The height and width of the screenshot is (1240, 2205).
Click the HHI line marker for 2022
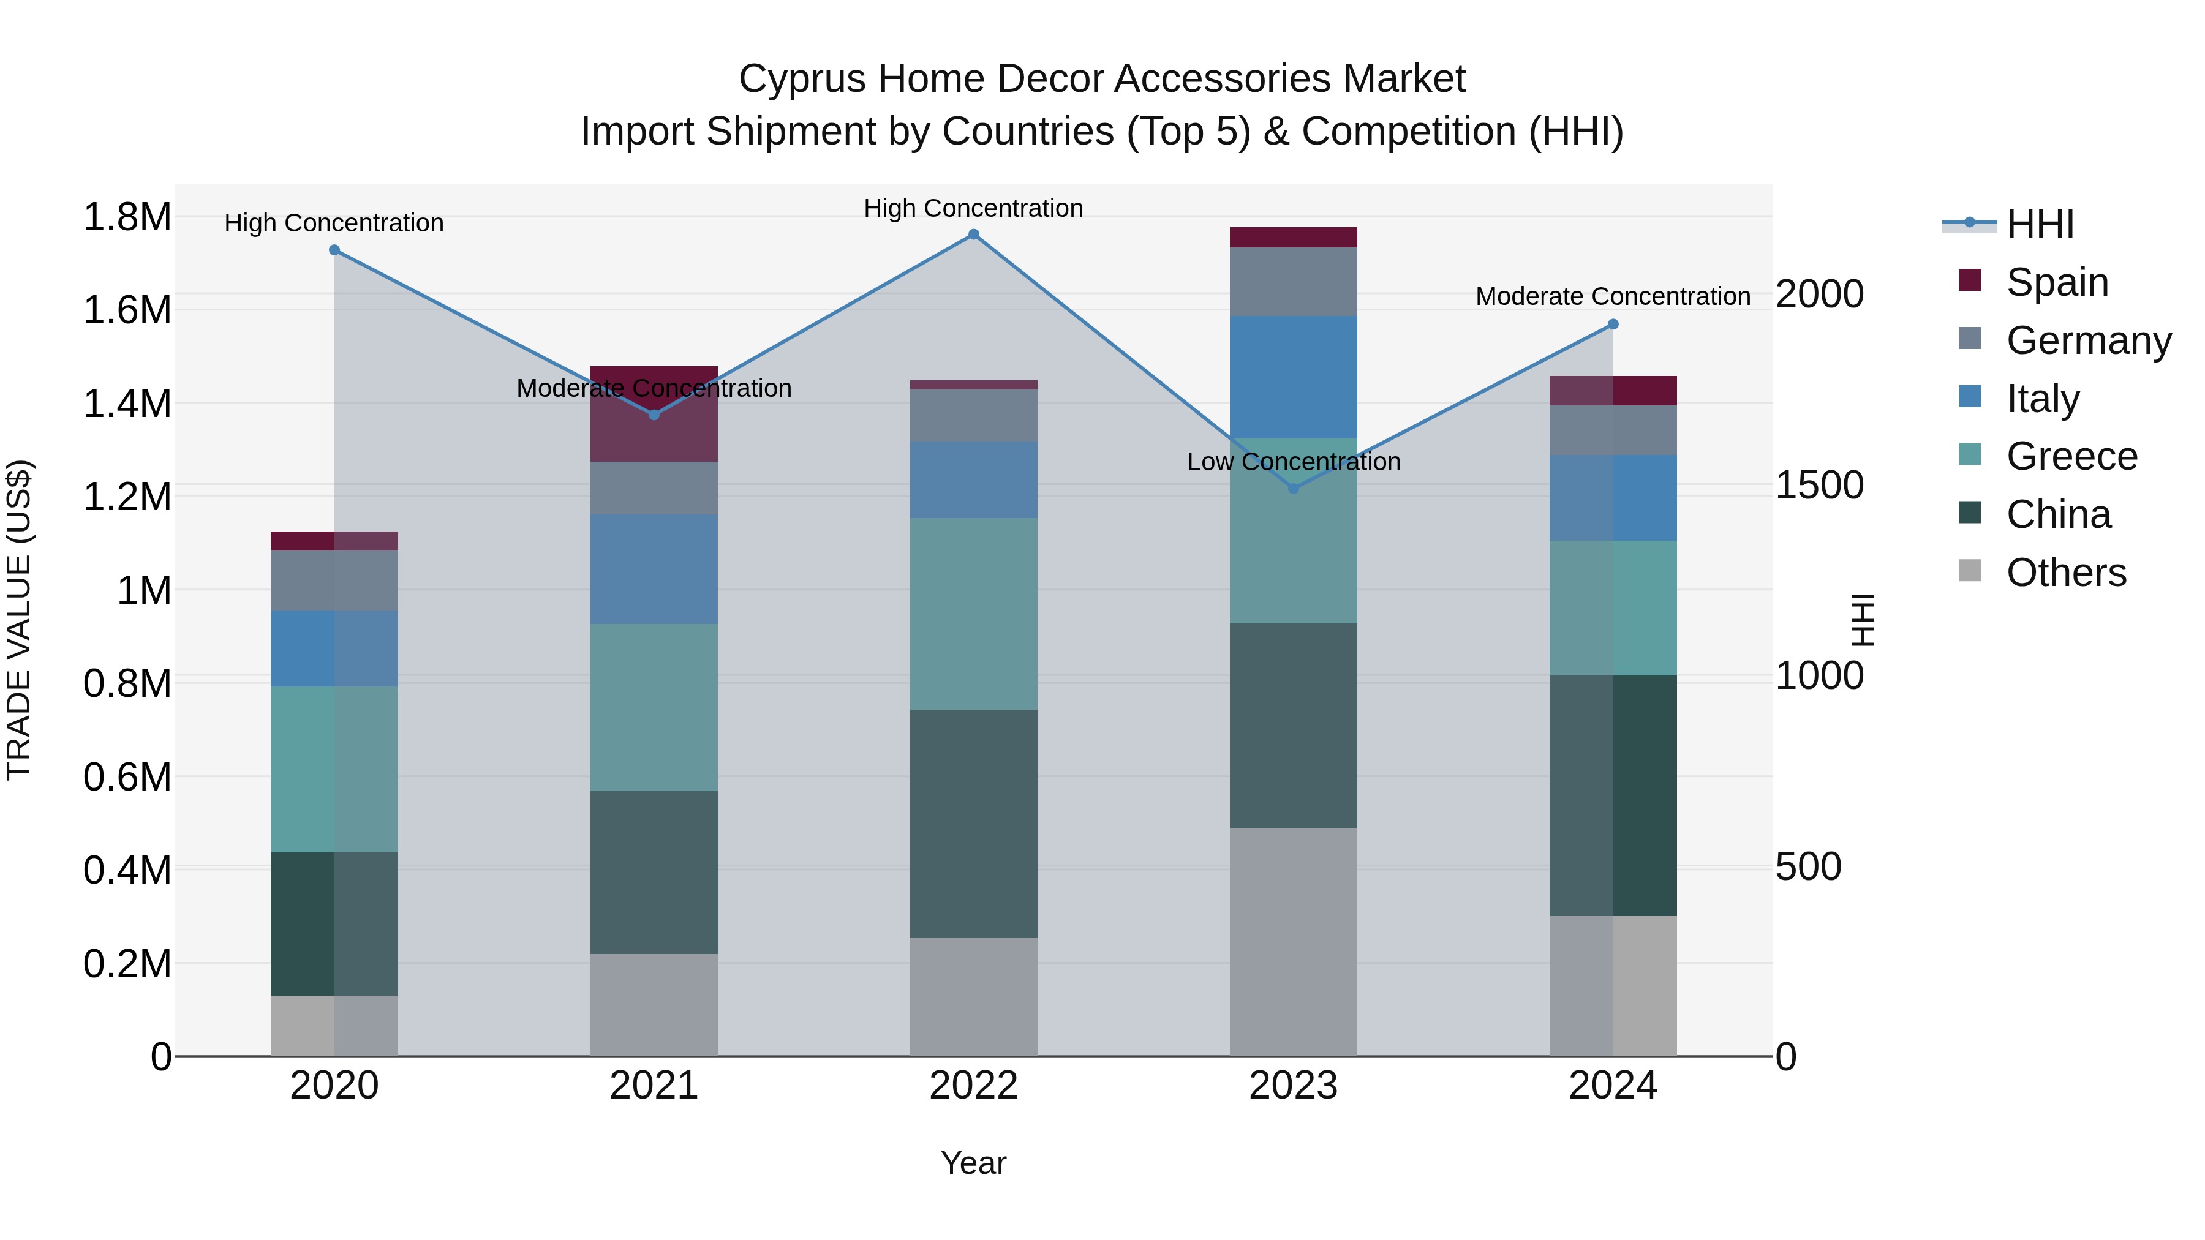coord(973,235)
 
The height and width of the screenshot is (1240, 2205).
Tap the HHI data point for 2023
coord(1294,489)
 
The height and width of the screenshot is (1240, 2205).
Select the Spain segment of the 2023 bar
coord(1294,237)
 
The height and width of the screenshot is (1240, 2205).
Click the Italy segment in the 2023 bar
coord(1294,377)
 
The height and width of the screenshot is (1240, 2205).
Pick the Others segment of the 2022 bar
coord(973,996)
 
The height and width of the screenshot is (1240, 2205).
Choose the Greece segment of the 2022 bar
coord(973,613)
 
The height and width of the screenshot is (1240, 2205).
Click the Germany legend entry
coord(2089,340)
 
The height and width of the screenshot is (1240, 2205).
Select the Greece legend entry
coord(2071,456)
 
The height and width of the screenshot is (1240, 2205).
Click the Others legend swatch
coord(1970,571)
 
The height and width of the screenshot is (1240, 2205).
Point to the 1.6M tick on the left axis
coord(127,310)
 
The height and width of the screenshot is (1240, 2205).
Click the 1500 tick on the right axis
coord(1819,485)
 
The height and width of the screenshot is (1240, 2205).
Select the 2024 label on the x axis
coord(1613,1086)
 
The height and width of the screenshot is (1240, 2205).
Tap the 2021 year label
coord(654,1086)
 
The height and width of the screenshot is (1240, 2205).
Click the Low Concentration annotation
coord(1294,462)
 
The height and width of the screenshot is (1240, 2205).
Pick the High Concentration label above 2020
coord(334,224)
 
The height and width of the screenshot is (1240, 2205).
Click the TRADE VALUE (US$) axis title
coord(19,620)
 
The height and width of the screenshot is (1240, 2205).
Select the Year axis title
coord(973,1163)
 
